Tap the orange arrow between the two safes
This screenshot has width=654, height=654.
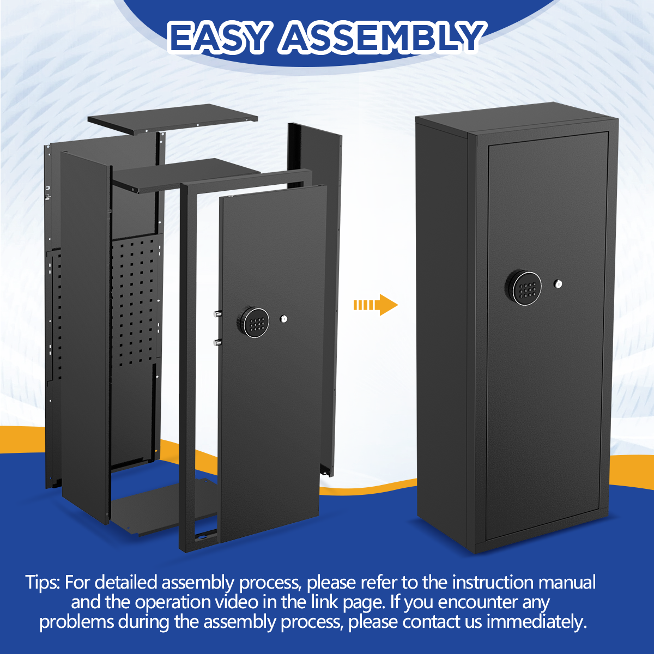click(376, 305)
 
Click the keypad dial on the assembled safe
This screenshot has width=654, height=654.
click(523, 288)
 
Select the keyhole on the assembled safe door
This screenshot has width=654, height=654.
click(558, 283)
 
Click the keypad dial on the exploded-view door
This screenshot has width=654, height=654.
click(253, 322)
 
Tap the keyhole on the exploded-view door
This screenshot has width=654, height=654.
click(284, 319)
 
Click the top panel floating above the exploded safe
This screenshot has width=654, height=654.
click(172, 119)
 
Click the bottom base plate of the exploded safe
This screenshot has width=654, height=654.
click(163, 508)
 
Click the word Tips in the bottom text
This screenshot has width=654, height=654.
click(43, 583)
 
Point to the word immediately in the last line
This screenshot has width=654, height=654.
click(537, 622)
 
